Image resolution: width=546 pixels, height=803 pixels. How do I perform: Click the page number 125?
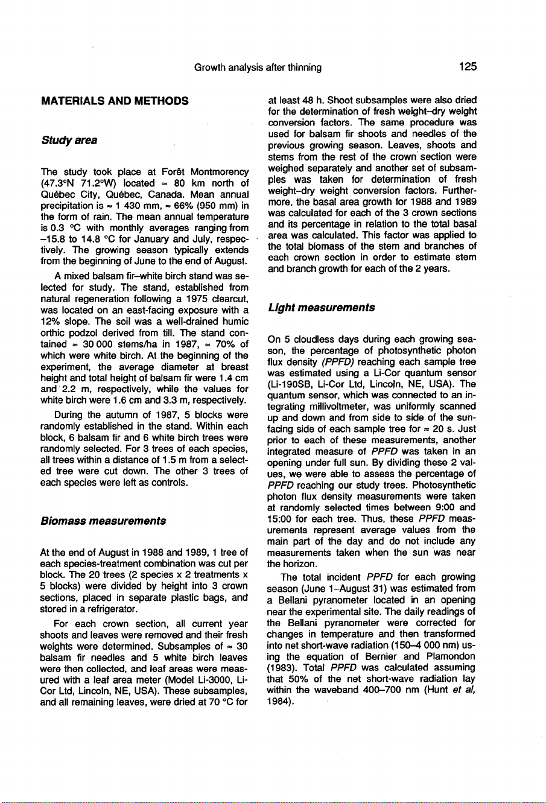click(x=466, y=67)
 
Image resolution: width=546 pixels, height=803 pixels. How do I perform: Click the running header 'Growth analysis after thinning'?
click(x=258, y=68)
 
